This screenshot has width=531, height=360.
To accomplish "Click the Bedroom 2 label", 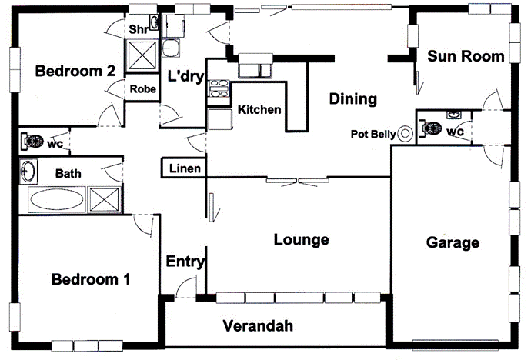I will point(75,72).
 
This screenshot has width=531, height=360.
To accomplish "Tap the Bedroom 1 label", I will point(90,279).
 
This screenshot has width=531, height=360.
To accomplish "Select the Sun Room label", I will point(466,55).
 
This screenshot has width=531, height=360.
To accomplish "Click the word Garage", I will point(453,243).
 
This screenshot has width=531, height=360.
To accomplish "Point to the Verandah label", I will point(258,326).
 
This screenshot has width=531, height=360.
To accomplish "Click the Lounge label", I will point(301,240).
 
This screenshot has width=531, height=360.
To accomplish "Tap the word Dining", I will point(352,98).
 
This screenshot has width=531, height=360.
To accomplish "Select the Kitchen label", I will point(259,110).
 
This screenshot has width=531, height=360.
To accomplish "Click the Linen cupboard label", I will point(185,168).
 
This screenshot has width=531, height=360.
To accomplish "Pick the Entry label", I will point(185,262).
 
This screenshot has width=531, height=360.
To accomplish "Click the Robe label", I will point(142,89).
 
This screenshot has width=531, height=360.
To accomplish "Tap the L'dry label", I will point(184,75).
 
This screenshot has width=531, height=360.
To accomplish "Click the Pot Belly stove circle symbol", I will point(406,133).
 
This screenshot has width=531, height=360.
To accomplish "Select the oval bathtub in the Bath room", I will point(58,200).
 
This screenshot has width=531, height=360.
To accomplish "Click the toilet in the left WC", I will point(32,141).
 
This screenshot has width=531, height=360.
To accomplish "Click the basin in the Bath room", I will point(28,170).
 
